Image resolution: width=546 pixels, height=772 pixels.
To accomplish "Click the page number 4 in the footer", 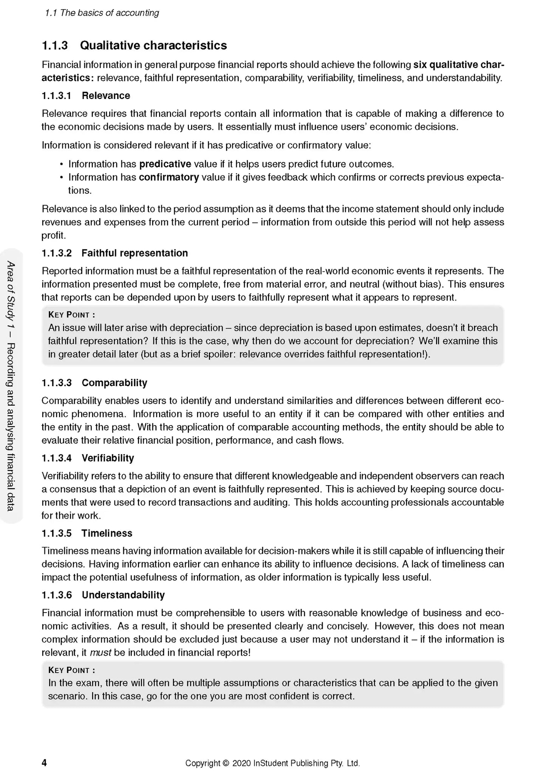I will (44, 763).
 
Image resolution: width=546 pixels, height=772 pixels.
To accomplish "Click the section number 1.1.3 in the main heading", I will (55, 46).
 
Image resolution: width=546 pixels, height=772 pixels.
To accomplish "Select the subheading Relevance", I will (106, 96).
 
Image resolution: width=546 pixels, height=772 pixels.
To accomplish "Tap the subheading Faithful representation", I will (135, 253).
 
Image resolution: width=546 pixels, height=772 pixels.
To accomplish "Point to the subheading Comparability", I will (114, 383).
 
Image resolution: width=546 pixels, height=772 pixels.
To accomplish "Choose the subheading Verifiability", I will (108, 458).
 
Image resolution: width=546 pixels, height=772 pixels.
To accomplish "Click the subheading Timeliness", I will (107, 533).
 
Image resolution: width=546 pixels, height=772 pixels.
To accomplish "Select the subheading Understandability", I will (123, 595).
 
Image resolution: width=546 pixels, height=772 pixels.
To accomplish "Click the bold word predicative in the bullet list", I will (165, 164).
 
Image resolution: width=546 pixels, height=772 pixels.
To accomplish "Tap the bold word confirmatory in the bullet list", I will (169, 177).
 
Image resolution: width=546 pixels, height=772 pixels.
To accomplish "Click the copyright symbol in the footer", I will (226, 763).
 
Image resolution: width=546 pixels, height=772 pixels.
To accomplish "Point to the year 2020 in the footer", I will (241, 763).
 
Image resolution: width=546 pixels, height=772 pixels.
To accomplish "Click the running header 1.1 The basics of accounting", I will (102, 13).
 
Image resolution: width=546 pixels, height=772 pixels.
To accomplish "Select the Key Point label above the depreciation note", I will (71, 315).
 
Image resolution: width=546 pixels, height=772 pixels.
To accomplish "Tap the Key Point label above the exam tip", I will (71, 670).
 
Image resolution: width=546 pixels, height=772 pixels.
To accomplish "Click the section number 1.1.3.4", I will (56, 458).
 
